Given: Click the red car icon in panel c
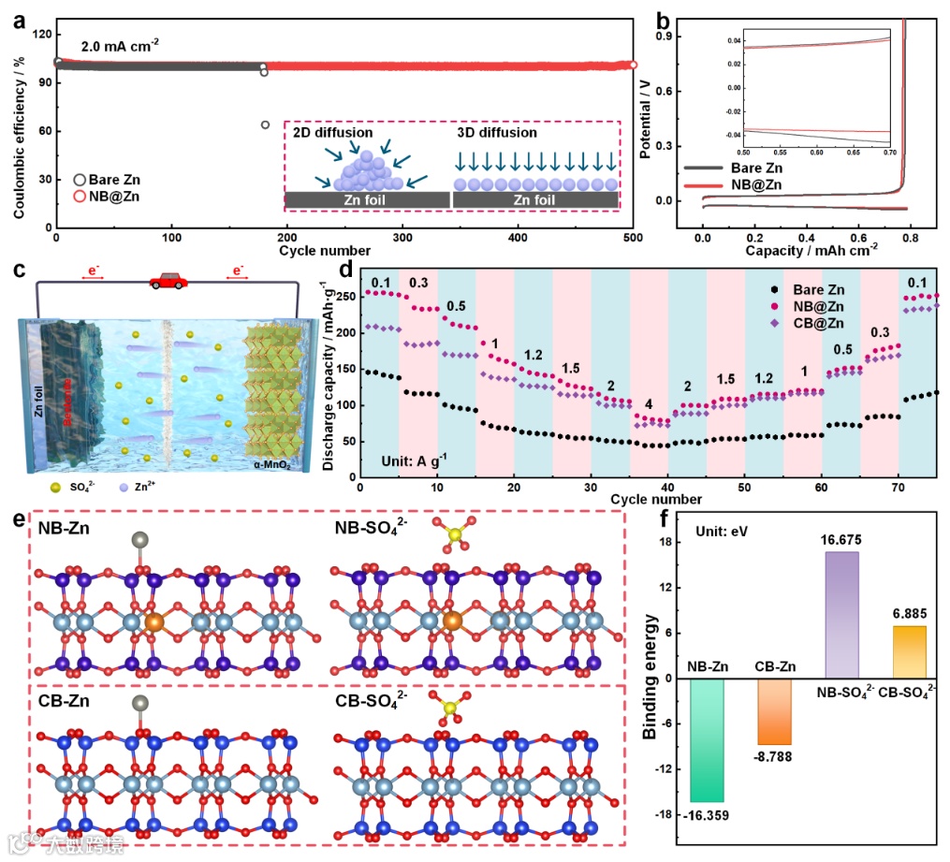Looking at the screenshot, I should [x=166, y=281].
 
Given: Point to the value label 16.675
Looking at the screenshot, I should [x=842, y=540].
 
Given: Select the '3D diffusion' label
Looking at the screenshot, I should [x=497, y=133].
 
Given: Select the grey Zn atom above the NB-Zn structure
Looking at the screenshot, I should [x=139, y=539].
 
